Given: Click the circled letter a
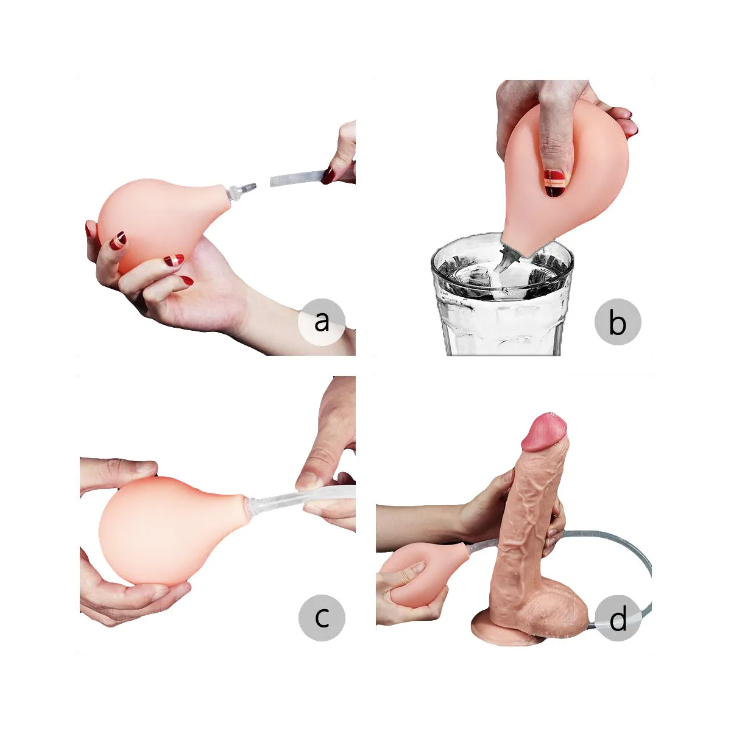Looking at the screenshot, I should click(322, 322).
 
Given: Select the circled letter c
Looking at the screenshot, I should click(322, 617).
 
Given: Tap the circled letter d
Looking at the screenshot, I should click(618, 619).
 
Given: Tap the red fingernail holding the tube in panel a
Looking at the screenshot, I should click(329, 175).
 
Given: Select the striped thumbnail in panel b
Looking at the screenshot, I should click(554, 182).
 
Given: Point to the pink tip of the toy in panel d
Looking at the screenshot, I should click(545, 433).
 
